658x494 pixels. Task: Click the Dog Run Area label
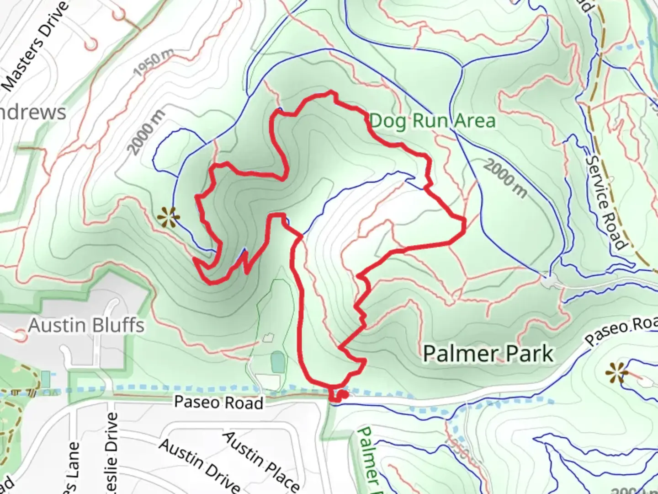432,121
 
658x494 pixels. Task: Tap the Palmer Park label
488,354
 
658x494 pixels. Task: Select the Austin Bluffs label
86,326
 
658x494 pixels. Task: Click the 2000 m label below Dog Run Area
505,178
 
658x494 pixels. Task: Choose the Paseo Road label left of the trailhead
218,403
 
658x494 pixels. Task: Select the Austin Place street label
261,460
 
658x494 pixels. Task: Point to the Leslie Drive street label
111,453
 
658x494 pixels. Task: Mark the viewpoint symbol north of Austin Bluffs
168,217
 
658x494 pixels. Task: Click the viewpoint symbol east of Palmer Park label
617,373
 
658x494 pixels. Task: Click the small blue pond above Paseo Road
277,362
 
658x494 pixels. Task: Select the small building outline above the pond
268,338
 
